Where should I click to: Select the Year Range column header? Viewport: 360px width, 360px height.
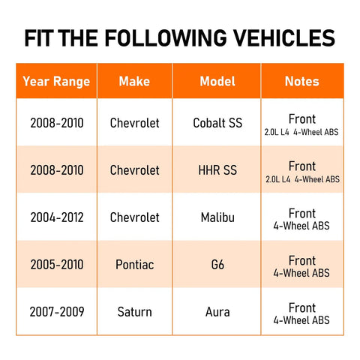click(56, 81)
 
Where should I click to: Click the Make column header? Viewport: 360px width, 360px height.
click(134, 81)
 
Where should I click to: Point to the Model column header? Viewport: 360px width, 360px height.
click(217, 81)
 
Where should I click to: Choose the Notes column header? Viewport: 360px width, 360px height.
click(302, 81)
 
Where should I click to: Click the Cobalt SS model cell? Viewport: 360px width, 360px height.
click(217, 123)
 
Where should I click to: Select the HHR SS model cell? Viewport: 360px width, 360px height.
click(217, 170)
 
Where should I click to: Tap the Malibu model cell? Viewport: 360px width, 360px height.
click(217, 217)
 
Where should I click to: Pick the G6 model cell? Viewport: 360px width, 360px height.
click(217, 265)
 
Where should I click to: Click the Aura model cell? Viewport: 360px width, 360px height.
click(217, 312)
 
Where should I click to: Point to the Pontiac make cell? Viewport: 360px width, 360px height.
click(134, 265)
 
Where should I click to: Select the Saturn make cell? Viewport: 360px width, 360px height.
click(134, 312)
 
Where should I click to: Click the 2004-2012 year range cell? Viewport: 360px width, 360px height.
click(57, 217)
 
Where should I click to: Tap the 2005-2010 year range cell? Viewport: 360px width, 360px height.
click(57, 265)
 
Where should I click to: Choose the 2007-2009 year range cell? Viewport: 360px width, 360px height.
click(57, 312)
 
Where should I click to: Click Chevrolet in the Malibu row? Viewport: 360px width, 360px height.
click(134, 217)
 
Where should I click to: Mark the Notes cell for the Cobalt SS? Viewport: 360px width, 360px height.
click(301, 124)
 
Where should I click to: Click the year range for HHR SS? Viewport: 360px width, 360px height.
click(57, 170)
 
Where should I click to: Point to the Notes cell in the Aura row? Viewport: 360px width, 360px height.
click(301, 313)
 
